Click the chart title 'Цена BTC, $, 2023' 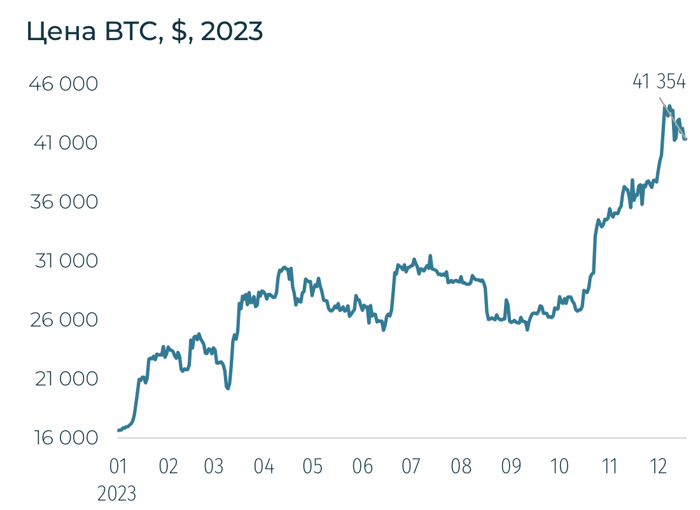click(144, 32)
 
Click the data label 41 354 click(659, 81)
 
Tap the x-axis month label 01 click(118, 467)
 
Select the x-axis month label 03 click(214, 467)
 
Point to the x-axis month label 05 click(312, 467)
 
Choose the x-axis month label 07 click(411, 467)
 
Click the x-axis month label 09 click(511, 467)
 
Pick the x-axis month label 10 click(559, 467)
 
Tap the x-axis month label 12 click(659, 467)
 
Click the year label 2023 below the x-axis click(117, 493)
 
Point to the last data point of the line click(685, 139)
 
